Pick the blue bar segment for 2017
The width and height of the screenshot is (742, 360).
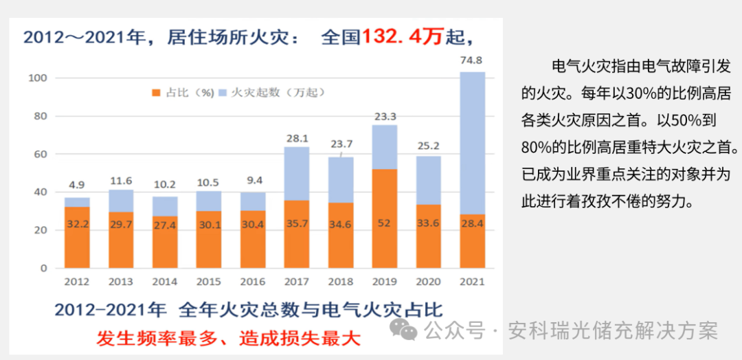coord(297,173)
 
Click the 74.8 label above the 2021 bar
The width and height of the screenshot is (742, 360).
coord(471,60)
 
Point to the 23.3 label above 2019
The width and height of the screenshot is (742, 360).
coord(385,116)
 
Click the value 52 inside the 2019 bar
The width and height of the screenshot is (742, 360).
coord(385,223)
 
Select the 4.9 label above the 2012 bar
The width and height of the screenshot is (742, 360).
coord(77,184)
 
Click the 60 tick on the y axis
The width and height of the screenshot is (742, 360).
coord(40,155)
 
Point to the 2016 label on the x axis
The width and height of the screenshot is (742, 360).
coord(253,282)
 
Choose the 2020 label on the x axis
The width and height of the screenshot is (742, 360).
coord(428,282)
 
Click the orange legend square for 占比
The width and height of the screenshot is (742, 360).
coord(156,92)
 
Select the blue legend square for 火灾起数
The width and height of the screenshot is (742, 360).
coord(223,92)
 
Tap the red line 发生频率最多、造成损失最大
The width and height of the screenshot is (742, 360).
coord(227,339)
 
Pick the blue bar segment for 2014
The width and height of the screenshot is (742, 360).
coord(165,206)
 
